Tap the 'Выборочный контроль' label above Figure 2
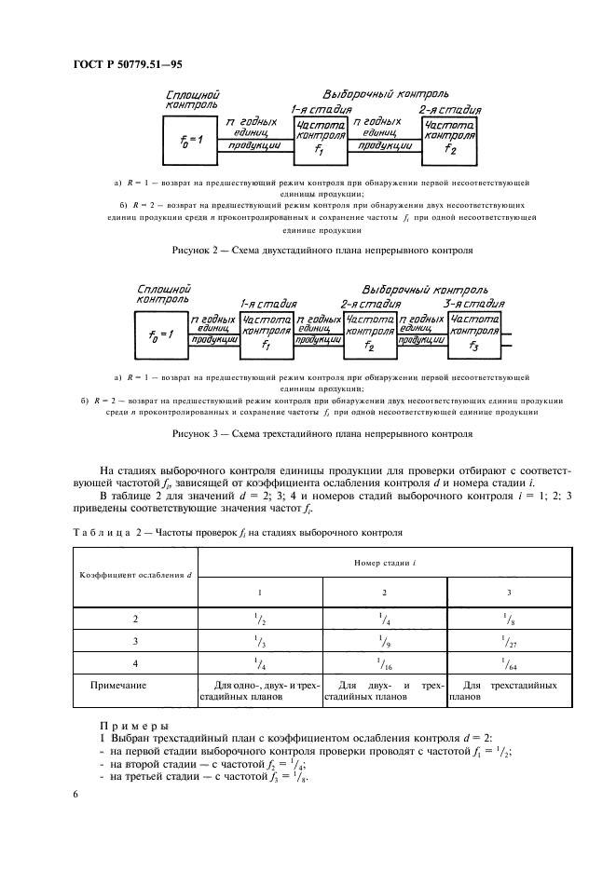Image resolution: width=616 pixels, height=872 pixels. [386, 95]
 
